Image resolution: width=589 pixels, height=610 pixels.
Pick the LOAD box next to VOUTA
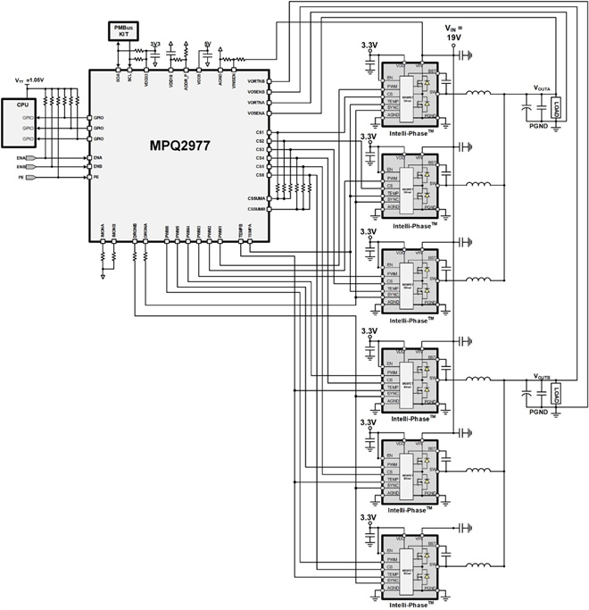[556, 112]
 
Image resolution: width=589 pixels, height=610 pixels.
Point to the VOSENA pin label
[254, 113]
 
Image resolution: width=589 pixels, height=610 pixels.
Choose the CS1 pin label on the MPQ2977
[260, 133]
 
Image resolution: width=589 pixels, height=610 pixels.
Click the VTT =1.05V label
[29, 81]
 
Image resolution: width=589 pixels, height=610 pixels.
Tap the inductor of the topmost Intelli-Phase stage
[478, 94]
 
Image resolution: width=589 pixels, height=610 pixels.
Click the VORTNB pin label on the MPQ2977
[254, 82]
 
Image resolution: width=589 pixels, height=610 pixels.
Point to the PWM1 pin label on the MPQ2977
[220, 232]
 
